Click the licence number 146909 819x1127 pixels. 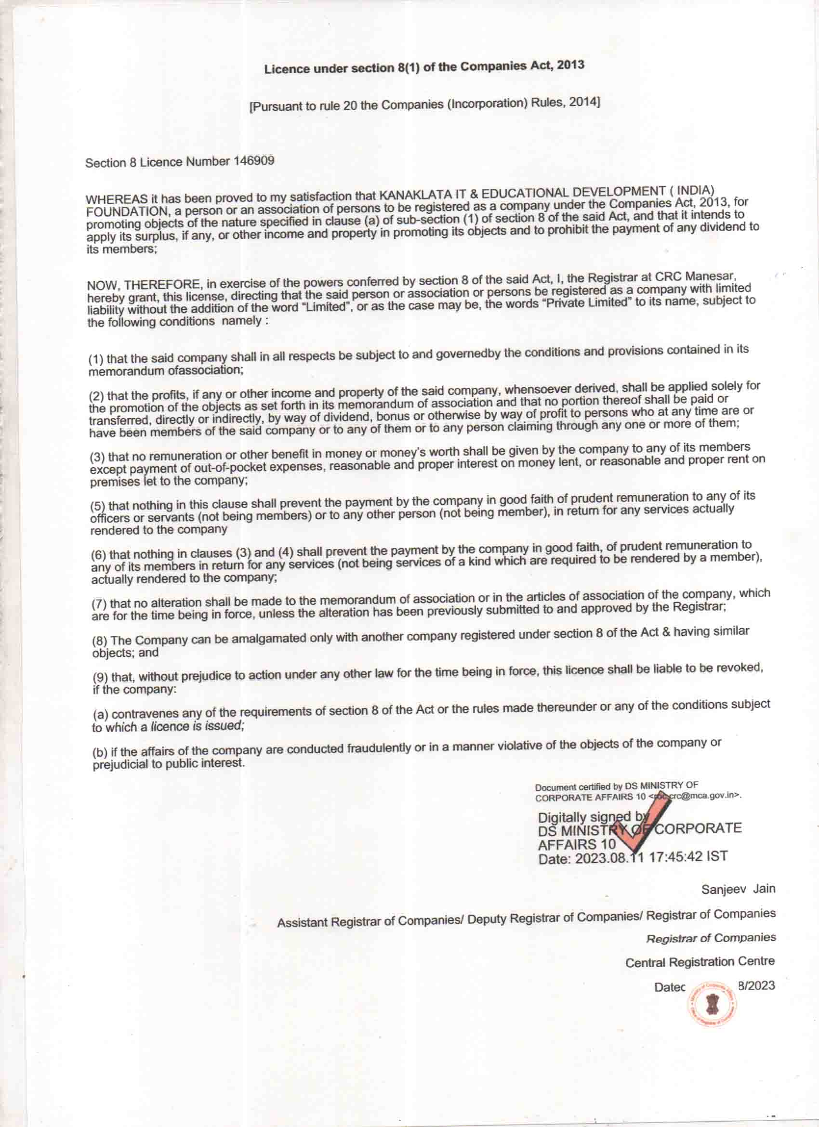click(x=254, y=161)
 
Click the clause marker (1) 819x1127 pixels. click(x=96, y=359)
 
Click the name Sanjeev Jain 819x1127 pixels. click(x=738, y=889)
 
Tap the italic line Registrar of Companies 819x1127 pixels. click(x=711, y=938)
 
